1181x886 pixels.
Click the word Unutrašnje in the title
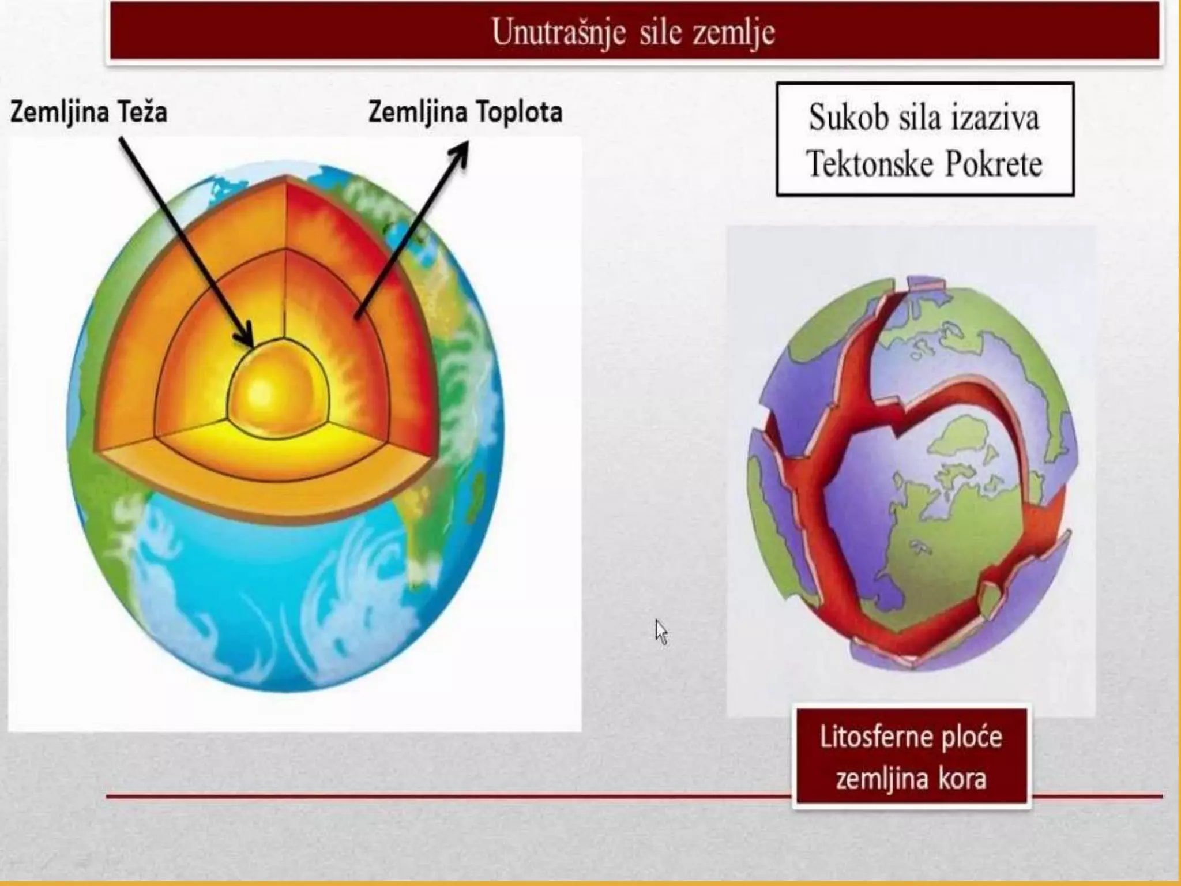point(558,32)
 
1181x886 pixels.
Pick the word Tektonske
point(870,164)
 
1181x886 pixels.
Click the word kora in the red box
point(962,779)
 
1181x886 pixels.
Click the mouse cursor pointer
point(660,631)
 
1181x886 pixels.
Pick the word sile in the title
point(660,32)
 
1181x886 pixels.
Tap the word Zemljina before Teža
point(55,111)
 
